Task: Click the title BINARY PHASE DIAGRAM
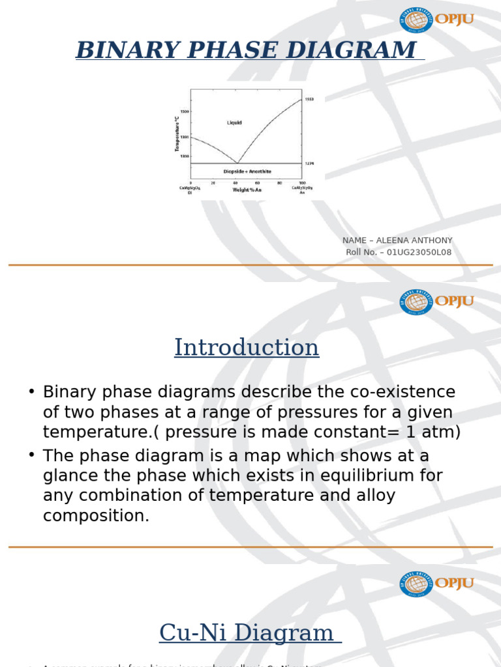[247, 50]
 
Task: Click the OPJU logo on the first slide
[436, 20]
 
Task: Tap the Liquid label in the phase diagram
[234, 122]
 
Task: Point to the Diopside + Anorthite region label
[247, 171]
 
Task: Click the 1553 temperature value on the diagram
[309, 99]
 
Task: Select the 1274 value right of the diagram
[309, 163]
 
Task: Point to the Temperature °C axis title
[176, 134]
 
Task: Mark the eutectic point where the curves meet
[237, 163]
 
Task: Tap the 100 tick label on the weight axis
[301, 183]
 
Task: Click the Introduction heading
[247, 347]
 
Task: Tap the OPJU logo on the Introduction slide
[436, 302]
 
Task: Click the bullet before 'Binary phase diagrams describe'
[31, 392]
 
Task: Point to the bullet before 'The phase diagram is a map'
[31, 456]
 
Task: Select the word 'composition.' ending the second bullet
[96, 516]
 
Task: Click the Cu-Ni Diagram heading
[247, 632]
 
